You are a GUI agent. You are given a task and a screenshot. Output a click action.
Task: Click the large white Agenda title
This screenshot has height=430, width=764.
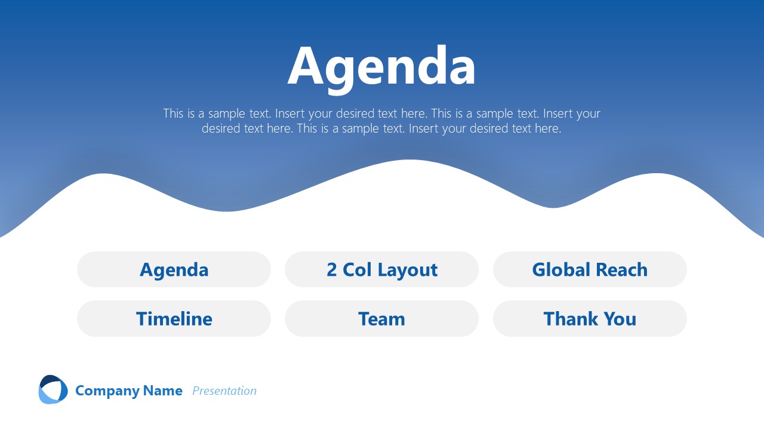pos(381,67)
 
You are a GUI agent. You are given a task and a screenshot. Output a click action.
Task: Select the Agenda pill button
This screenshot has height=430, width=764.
pos(174,269)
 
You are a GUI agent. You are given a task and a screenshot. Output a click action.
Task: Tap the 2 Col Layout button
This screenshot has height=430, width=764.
pos(381,269)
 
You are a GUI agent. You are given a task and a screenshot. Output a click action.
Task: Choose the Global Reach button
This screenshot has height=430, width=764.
pos(590,269)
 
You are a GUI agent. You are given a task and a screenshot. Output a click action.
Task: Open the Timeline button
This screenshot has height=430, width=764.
pos(174,318)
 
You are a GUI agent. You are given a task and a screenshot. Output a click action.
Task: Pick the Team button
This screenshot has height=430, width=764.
pos(381,318)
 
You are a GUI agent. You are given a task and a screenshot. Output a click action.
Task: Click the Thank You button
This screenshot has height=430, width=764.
pos(590,318)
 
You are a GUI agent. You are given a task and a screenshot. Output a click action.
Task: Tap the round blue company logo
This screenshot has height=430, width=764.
pos(53,390)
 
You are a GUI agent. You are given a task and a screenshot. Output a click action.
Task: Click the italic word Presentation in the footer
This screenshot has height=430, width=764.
pos(224,391)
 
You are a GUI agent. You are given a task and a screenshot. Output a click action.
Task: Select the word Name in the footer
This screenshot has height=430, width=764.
pos(163,391)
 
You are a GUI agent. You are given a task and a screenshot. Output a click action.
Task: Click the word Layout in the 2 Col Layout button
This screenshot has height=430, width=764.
pos(408,270)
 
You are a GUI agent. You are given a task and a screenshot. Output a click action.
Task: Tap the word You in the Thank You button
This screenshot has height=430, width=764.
pos(620,318)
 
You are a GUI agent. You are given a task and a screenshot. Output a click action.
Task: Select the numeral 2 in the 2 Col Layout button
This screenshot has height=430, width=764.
pos(332,269)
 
